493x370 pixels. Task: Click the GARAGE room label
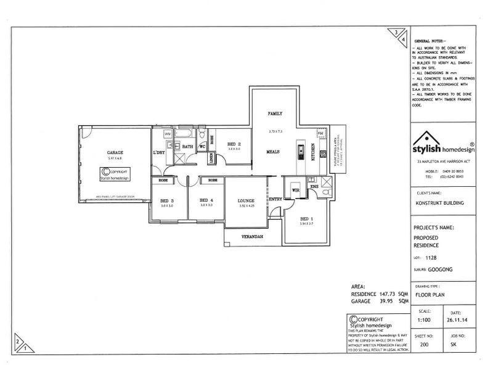[115, 152]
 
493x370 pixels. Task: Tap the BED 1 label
[306, 219]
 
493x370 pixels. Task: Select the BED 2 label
[233, 144]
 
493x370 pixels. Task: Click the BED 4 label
[206, 200]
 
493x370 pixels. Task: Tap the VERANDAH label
[253, 237]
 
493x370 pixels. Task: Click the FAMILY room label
[274, 115]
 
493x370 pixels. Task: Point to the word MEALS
[274, 151]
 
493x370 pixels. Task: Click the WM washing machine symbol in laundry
[167, 134]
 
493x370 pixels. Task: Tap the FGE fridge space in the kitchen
[320, 133]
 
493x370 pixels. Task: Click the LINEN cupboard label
[211, 157]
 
